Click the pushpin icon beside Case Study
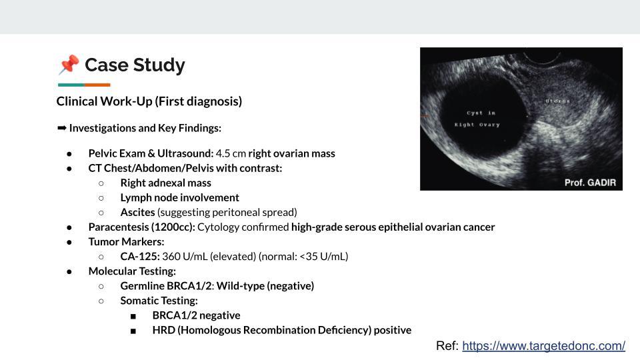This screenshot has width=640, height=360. pyautogui.click(x=68, y=65)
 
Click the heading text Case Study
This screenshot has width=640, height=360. pyautogui.click(x=135, y=65)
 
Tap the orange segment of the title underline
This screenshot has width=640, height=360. pyautogui.click(x=97, y=85)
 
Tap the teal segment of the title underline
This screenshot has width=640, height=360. pyautogui.click(x=71, y=85)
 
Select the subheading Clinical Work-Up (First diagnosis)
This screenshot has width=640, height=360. pyautogui.click(x=149, y=101)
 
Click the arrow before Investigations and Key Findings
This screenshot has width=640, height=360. pyautogui.click(x=61, y=127)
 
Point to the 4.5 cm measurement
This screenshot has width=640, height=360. pyautogui.click(x=231, y=153)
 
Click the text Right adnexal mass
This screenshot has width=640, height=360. pyautogui.click(x=165, y=183)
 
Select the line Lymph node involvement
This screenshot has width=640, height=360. pyautogui.click(x=179, y=197)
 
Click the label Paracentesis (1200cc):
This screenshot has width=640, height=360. pyautogui.click(x=142, y=227)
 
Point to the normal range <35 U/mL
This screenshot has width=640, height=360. pyautogui.click(x=324, y=256)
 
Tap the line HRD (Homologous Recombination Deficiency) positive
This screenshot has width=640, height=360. pyautogui.click(x=281, y=330)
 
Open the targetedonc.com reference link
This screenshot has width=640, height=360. pyautogui.click(x=543, y=345)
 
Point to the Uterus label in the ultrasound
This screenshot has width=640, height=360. pyautogui.click(x=557, y=101)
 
